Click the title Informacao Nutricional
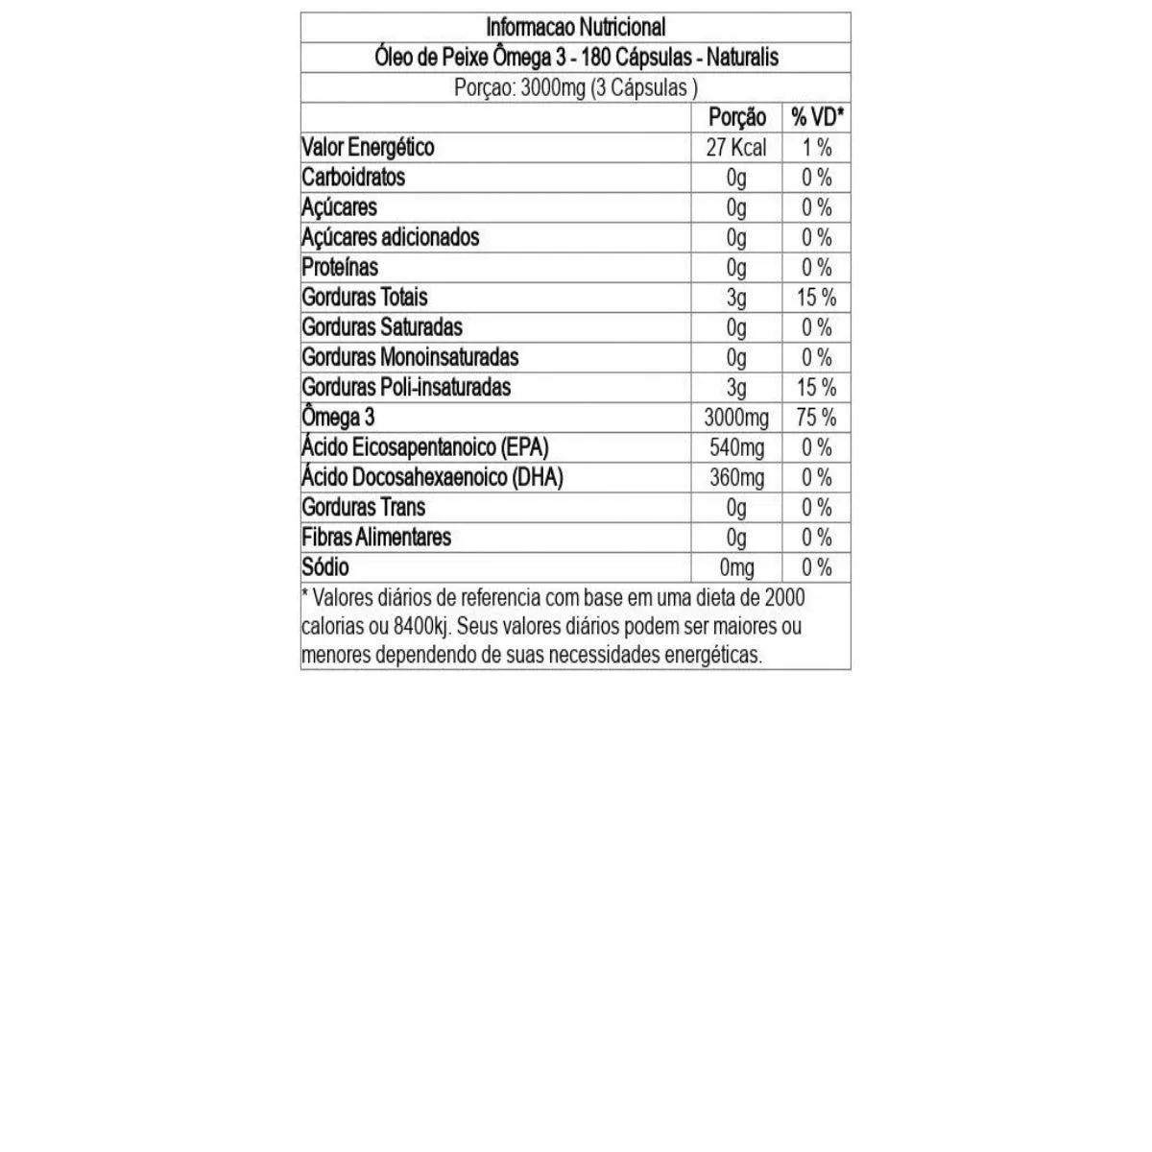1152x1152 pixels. (575, 27)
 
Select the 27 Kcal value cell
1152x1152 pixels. (736, 148)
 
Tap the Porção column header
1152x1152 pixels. (736, 117)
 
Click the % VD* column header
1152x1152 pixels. (817, 117)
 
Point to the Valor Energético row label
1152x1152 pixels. (368, 148)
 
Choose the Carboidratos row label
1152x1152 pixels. (353, 178)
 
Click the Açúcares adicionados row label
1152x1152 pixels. (390, 237)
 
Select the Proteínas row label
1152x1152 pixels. (340, 267)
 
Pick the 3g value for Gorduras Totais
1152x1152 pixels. (736, 298)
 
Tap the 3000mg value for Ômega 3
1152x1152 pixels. (736, 418)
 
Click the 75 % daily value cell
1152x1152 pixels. (817, 418)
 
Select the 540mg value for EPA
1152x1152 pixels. (736, 447)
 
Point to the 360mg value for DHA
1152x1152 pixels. (736, 477)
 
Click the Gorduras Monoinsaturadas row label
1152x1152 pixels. (410, 357)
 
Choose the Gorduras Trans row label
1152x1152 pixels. (363, 507)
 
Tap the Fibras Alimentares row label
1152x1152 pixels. (376, 537)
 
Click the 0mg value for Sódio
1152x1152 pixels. (736, 567)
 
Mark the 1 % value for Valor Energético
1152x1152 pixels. (817, 148)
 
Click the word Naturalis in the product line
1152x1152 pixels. (742, 58)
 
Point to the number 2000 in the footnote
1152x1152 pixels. (784, 597)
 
